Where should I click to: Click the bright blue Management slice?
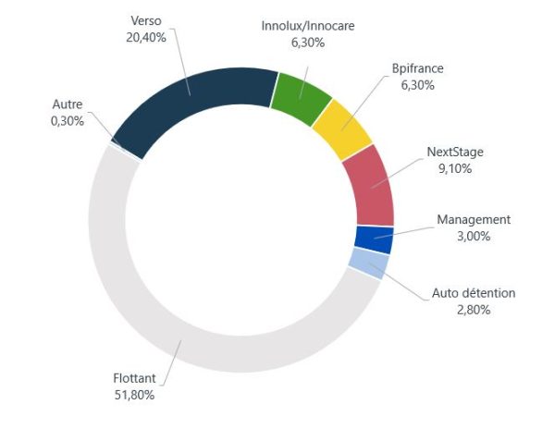click(x=374, y=239)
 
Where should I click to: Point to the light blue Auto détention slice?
click(x=368, y=263)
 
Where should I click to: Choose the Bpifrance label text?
click(x=418, y=68)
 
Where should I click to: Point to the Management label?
click(x=473, y=219)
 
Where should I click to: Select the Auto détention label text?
click(x=474, y=293)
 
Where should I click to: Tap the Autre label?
click(x=67, y=104)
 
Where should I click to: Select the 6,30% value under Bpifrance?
click(x=418, y=85)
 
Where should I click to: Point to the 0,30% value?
click(x=67, y=121)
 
